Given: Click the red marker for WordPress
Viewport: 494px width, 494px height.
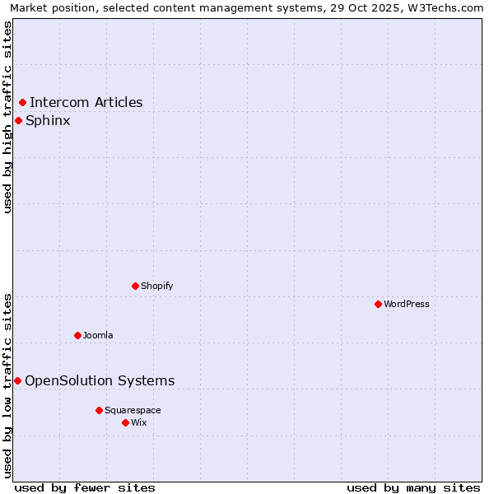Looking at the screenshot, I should click(x=378, y=304).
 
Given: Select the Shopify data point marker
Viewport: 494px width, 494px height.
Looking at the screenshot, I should click(x=135, y=286).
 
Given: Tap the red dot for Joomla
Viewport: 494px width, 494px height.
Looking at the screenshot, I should click(x=77, y=335).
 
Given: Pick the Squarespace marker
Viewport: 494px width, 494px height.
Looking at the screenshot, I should click(x=99, y=410).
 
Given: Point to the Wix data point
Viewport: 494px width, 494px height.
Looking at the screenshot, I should click(x=125, y=422).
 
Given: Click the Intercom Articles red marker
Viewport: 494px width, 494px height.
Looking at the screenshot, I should click(x=22, y=103).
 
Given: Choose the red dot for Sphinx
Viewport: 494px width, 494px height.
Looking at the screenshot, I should click(x=18, y=121).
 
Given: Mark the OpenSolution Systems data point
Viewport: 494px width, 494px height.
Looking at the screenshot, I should click(x=17, y=380).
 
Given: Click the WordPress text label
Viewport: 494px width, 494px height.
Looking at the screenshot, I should click(x=407, y=304).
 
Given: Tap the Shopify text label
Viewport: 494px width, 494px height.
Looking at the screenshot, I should click(x=157, y=286).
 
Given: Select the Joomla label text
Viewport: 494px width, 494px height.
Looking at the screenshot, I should click(x=98, y=335).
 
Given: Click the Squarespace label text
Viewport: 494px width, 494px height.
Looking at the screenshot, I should click(x=133, y=410).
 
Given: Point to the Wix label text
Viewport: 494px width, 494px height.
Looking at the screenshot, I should click(x=139, y=422).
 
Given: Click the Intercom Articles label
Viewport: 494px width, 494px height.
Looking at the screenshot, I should click(x=86, y=103).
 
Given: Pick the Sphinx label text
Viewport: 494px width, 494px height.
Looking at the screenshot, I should click(x=48, y=121).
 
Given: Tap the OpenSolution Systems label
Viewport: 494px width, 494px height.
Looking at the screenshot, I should click(x=100, y=380).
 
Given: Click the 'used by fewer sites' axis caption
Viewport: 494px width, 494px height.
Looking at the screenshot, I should click(x=85, y=487).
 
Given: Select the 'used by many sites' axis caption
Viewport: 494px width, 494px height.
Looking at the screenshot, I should click(x=413, y=487).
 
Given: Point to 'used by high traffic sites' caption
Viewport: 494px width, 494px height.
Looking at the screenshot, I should click(x=7, y=117).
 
